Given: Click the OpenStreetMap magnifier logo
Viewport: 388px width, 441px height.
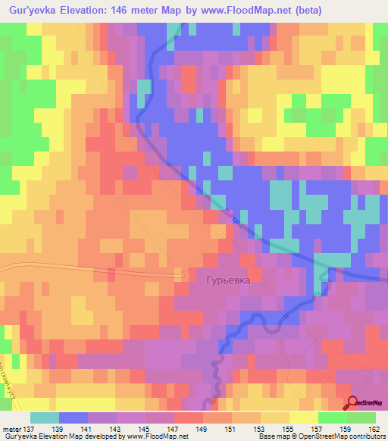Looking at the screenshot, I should [354, 403].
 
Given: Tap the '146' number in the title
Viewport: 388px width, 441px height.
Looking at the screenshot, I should [125, 11].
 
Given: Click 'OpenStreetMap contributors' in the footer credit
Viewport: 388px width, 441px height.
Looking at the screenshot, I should [344, 436].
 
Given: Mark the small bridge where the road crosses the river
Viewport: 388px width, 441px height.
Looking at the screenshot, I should [286, 314].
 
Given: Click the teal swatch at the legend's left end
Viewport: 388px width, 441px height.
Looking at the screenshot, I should [44, 418].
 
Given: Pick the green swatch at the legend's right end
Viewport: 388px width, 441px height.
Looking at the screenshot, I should [361, 418].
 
